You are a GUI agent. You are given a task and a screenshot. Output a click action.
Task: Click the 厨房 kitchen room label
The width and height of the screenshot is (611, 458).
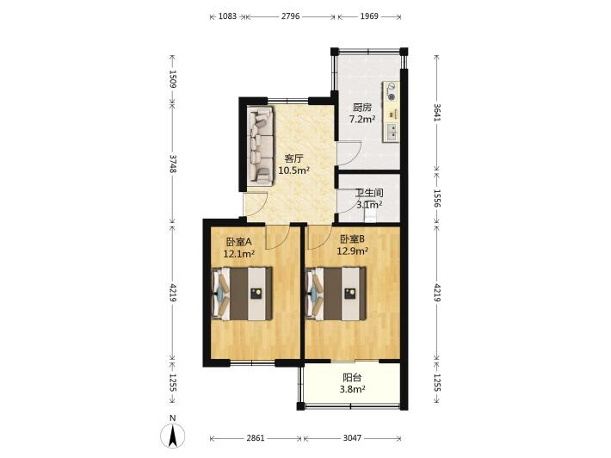(362, 108)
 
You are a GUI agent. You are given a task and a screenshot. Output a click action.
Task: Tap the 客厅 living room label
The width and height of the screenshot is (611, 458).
(293, 158)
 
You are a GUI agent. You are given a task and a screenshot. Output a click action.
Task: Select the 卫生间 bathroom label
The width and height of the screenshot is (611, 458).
(369, 193)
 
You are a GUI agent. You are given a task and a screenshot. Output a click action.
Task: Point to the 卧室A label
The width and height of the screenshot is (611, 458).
(239, 242)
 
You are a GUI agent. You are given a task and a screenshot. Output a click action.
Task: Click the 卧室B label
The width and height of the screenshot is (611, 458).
(352, 238)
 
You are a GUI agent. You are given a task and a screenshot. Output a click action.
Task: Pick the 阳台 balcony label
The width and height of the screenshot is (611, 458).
(352, 377)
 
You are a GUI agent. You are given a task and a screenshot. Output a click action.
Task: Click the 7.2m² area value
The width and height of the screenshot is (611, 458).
(362, 120)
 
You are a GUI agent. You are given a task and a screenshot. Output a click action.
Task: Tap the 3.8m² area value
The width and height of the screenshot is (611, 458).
(352, 389)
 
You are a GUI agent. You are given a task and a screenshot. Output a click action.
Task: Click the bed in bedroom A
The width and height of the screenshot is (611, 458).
(242, 294)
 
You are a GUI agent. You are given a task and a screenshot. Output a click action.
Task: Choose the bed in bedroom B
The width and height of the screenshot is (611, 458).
(336, 294)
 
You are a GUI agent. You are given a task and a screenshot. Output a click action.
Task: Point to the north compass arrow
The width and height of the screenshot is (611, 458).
(173, 436)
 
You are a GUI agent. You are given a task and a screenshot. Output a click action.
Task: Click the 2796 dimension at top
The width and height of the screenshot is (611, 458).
(290, 16)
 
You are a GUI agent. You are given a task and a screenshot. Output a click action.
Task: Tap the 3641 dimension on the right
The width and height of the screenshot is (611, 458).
(437, 113)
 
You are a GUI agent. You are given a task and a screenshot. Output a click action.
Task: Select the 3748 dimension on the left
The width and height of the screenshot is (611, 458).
(173, 164)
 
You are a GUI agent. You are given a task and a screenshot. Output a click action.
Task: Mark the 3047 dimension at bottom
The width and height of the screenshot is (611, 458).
(352, 438)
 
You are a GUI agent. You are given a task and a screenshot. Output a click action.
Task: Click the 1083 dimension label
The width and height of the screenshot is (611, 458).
(227, 16)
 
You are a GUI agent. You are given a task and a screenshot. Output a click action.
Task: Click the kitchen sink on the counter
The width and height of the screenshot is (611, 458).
(392, 132)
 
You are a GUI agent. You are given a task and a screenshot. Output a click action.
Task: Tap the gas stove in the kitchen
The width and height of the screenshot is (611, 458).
(392, 91)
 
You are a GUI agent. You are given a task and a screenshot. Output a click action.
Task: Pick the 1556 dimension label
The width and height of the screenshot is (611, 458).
(437, 199)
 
